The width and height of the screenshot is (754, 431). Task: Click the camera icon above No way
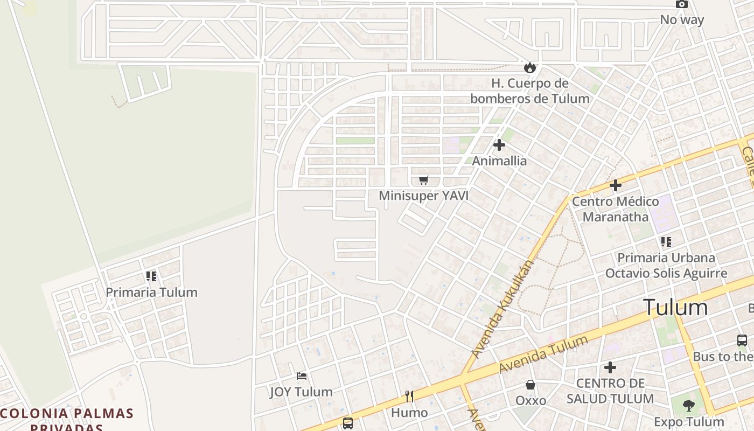point(681,4)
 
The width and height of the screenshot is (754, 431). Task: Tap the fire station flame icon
point(530,67)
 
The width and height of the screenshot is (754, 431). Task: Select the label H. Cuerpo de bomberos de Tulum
point(530,91)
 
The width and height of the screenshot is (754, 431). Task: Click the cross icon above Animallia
point(499,145)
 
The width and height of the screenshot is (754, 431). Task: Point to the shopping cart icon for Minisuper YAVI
point(424,180)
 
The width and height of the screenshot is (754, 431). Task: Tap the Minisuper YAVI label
point(423,196)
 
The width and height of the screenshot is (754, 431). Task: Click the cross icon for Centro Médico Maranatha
point(616,186)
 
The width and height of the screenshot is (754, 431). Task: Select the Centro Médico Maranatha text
point(615,209)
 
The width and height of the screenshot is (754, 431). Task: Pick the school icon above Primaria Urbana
point(666,242)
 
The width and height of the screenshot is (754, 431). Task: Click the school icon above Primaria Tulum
point(151,276)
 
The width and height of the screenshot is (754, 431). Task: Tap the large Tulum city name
point(675,308)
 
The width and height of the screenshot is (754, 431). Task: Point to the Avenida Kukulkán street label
point(501,310)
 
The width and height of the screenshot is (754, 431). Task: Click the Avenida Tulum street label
point(543,354)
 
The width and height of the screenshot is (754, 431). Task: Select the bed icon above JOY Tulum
point(302,376)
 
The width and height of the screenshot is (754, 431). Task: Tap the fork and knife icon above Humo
point(409,397)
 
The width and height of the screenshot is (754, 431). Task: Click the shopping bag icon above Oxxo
point(530,385)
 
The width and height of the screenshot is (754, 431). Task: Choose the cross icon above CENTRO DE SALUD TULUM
point(610,367)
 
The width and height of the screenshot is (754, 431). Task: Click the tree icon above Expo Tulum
point(689,405)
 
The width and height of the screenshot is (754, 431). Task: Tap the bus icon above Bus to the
point(742,340)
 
